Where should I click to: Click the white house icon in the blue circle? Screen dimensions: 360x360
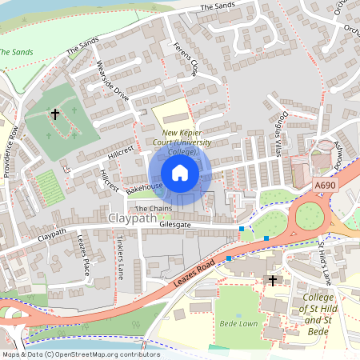(180, 173)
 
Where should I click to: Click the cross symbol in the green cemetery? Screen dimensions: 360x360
(55, 114)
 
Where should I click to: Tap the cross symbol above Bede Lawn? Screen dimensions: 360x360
(272, 281)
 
